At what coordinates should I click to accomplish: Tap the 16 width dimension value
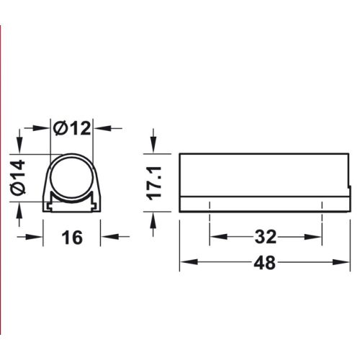(71, 237)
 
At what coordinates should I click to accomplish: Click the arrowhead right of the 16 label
(107, 237)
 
